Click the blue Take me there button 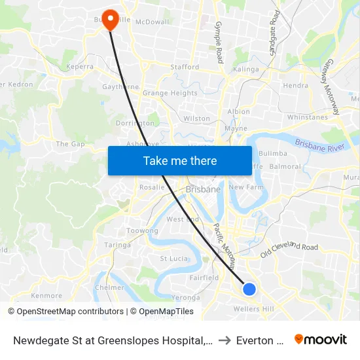tap(180, 160)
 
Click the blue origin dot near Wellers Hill tap(249, 289)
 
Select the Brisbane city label tap(203, 189)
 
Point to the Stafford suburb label tap(184, 67)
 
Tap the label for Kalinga tap(246, 69)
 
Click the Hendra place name tap(296, 85)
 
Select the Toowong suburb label tap(142, 231)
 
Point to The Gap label tap(71, 144)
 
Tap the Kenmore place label tap(46, 296)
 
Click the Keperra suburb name tap(78, 67)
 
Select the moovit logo tap(321, 339)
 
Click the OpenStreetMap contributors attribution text tap(70, 312)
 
